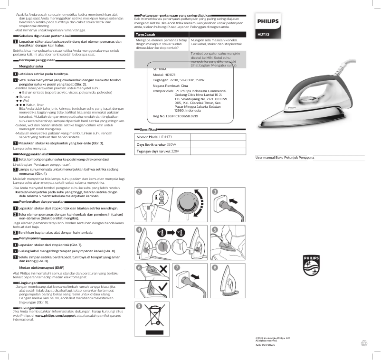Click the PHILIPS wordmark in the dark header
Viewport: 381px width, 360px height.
pyautogui.click(x=267, y=21)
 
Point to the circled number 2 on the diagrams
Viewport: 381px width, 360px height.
pyautogui.click(x=139, y=192)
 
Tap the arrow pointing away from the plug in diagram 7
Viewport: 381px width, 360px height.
pyautogui.click(x=195, y=276)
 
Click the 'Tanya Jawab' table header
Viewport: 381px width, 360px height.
pyautogui.click(x=145, y=35)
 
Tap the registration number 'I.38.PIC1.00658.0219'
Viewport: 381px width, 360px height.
pyautogui.click(x=182, y=116)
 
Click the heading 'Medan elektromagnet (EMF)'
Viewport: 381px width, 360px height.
pyautogui.click(x=41, y=268)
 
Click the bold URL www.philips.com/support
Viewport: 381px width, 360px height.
pyautogui.click(x=56, y=315)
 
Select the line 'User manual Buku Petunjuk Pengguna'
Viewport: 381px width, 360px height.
pyautogui.click(x=285, y=157)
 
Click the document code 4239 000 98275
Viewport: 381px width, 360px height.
pyautogui.click(x=265, y=345)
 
